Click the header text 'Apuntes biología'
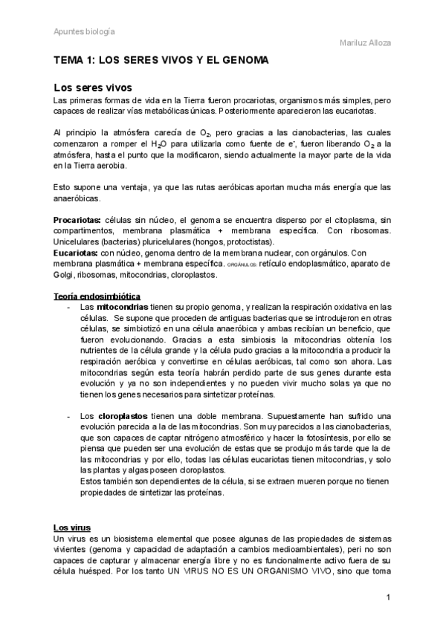[x=84, y=32]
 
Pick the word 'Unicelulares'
[x=77, y=241]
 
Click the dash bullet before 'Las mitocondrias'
[x=69, y=306]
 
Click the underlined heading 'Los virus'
[x=72, y=527]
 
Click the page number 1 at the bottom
[x=388, y=598]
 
